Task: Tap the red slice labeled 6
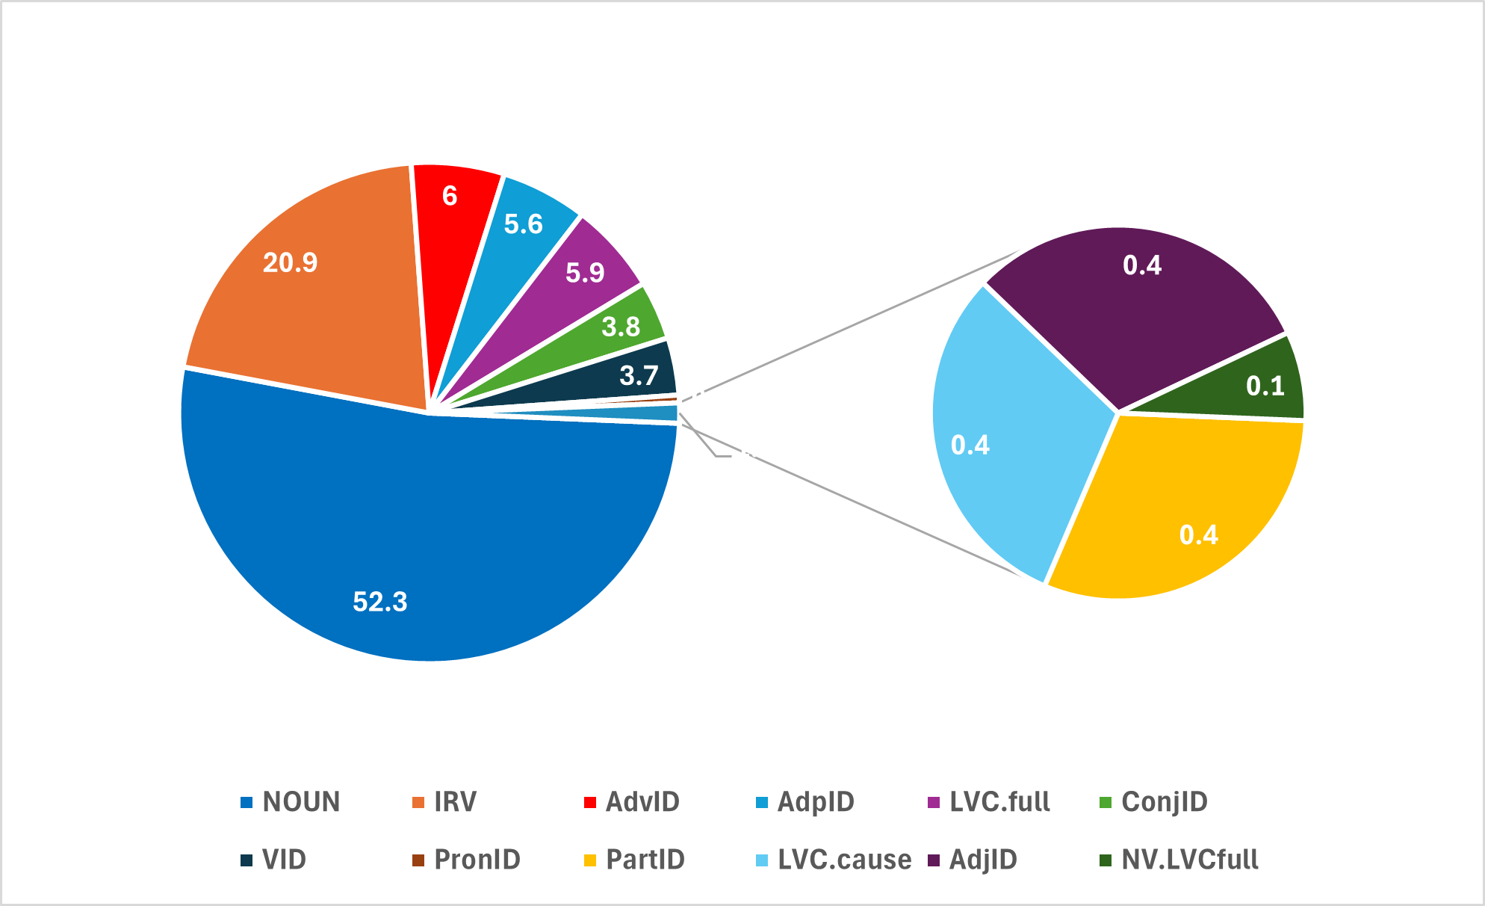(x=452, y=224)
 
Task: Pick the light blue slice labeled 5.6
(x=515, y=247)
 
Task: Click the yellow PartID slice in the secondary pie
(x=1180, y=508)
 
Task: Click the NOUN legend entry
(x=291, y=802)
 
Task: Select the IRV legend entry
(x=445, y=802)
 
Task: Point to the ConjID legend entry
(x=1155, y=802)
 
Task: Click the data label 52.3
(x=380, y=602)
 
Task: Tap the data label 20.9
(x=291, y=262)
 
